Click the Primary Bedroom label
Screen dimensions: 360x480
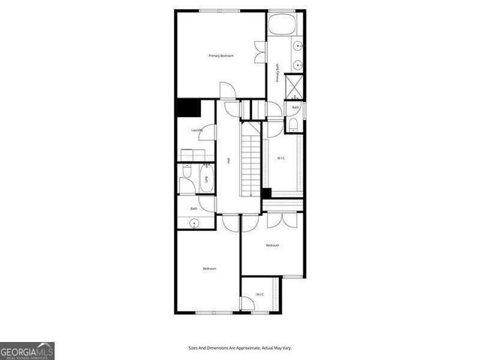[x=220, y=56]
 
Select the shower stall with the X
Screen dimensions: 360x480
[x=295, y=88]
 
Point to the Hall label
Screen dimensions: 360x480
[x=228, y=160]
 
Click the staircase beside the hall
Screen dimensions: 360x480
[x=250, y=160]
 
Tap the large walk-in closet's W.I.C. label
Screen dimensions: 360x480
[x=281, y=158]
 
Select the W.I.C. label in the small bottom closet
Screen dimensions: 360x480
[x=259, y=293]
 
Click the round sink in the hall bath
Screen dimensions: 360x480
[x=194, y=222]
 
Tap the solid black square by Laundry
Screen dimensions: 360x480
[x=187, y=108]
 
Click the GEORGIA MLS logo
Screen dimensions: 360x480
[x=27, y=350]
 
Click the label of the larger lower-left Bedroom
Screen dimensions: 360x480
[x=209, y=268]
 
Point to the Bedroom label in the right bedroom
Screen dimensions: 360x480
[x=273, y=245]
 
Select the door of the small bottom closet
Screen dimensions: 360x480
[x=247, y=303]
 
